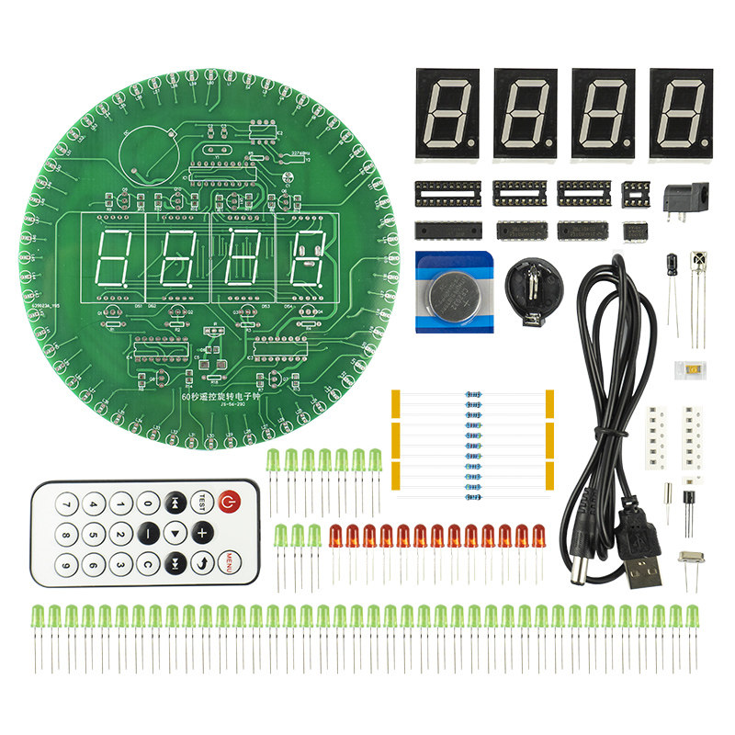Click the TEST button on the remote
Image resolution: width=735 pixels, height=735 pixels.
[x=202, y=503]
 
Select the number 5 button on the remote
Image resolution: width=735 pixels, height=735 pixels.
[x=93, y=534]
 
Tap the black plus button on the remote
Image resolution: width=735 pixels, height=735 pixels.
[x=202, y=532]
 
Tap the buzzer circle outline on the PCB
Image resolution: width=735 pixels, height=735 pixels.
[x=147, y=149]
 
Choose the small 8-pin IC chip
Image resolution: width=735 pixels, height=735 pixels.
[x=635, y=231]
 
